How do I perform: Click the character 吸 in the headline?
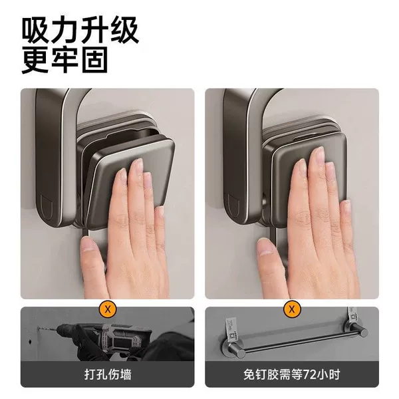pos(35,31)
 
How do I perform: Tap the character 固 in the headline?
pos(94,60)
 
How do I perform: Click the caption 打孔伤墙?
pos(108,374)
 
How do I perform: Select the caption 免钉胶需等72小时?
pos(292,374)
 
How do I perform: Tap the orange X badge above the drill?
pos(108,309)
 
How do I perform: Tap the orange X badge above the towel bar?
pos(292,309)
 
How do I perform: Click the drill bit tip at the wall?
pos(39,329)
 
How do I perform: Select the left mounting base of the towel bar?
pos(232,349)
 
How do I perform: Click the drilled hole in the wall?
pos(30,342)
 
